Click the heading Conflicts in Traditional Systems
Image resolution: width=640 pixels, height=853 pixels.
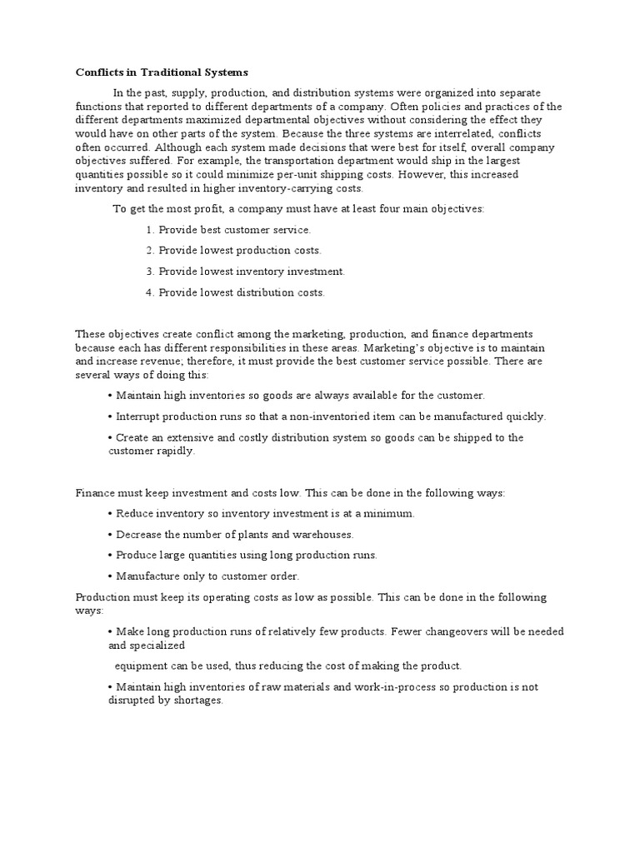(162, 72)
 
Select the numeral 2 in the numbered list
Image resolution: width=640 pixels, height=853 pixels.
(149, 250)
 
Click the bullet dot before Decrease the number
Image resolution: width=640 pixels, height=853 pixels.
(111, 534)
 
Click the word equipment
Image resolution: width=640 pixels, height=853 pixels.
(141, 666)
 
